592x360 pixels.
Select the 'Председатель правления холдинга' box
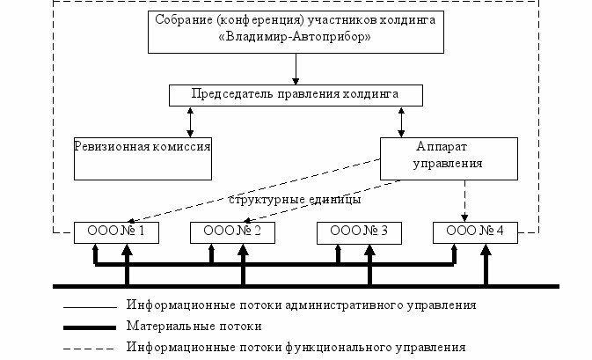[x=296, y=93]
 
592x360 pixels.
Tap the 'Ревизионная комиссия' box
[x=143, y=155]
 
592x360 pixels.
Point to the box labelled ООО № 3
[x=357, y=231]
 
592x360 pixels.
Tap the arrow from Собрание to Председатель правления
[x=296, y=69]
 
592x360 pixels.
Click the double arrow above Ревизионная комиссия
[x=189, y=120]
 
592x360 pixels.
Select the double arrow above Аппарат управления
[x=402, y=120]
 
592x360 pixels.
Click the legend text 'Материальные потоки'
[x=194, y=326]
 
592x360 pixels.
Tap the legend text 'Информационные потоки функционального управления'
[x=296, y=347]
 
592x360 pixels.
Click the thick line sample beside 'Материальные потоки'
[x=89, y=327]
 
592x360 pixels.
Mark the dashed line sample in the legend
[x=89, y=347]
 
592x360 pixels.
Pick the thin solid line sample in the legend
[x=89, y=306]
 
